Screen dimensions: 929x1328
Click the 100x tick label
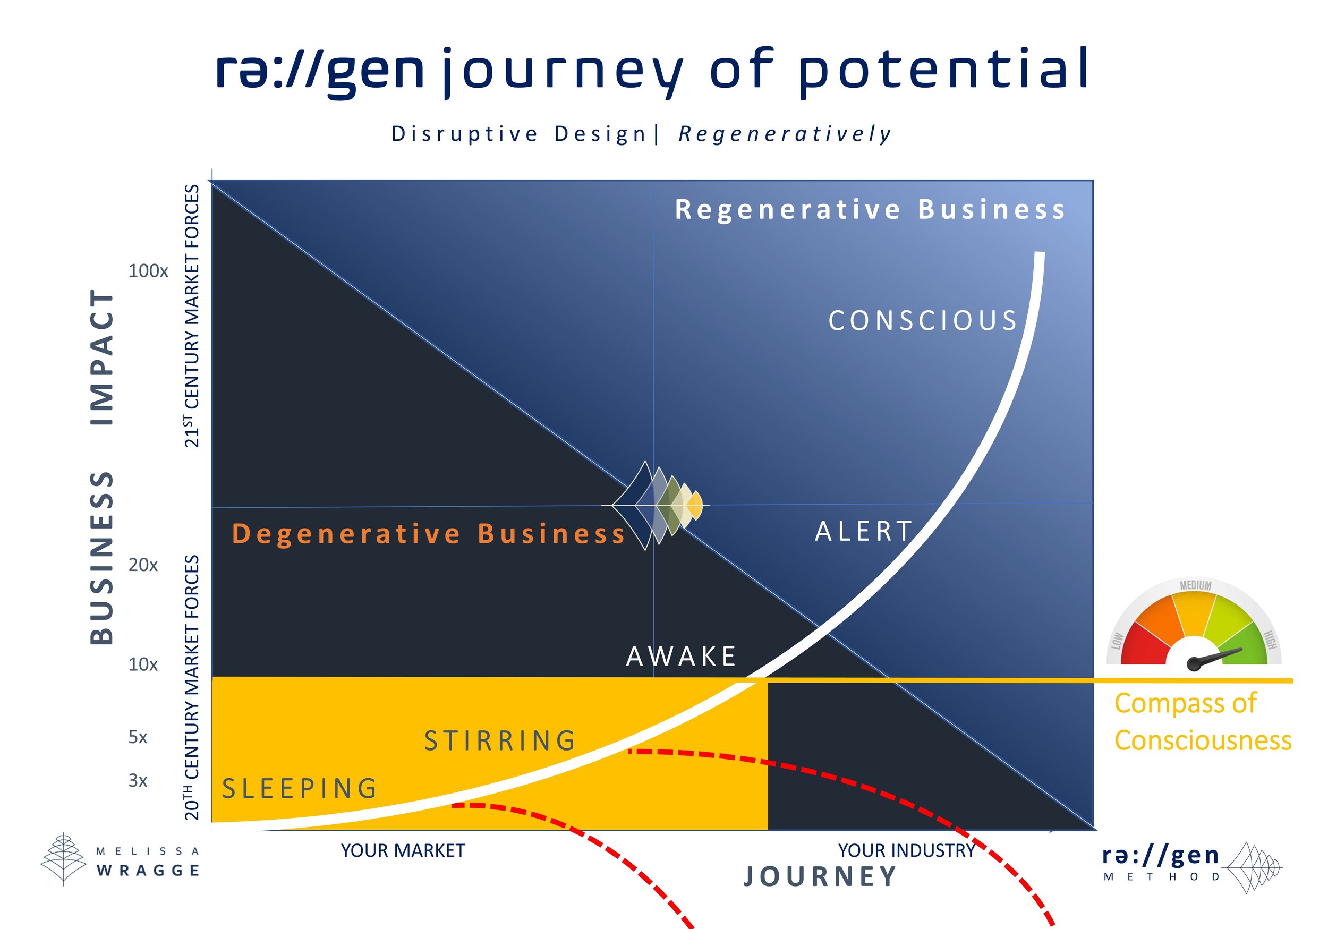point(148,271)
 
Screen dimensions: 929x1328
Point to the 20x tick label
point(143,565)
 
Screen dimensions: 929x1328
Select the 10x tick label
point(143,664)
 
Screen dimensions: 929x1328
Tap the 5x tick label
point(138,738)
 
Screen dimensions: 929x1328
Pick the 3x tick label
point(138,781)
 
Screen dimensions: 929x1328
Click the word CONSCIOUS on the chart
point(923,321)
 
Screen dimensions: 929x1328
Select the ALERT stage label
point(864,532)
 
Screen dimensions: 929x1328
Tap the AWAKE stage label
point(682,657)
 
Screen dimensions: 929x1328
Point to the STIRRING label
point(500,741)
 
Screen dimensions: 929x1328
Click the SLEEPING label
point(300,789)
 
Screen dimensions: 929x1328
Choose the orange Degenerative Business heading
point(429,534)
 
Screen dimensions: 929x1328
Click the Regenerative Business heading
point(870,209)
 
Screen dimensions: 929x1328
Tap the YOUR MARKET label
point(403,851)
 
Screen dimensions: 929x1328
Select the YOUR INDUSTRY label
point(906,851)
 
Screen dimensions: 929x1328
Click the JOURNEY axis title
point(820,877)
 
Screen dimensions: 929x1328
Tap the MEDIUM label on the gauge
point(1196,585)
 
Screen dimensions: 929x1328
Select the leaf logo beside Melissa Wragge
point(63,858)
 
